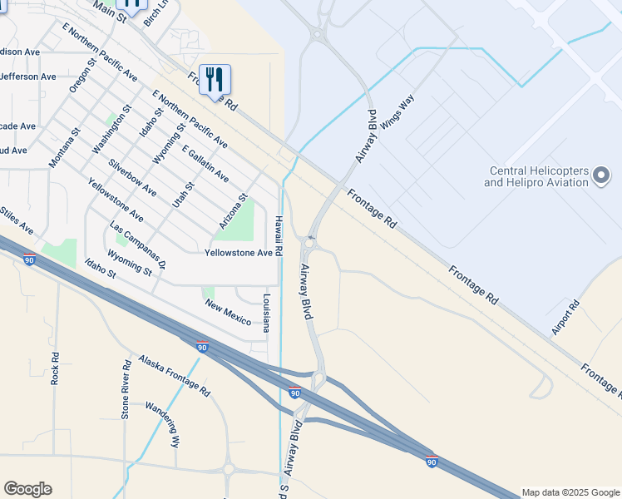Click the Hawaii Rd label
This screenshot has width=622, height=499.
pyautogui.click(x=280, y=238)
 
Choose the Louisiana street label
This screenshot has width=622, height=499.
pyautogui.click(x=267, y=313)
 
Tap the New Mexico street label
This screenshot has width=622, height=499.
pyautogui.click(x=229, y=313)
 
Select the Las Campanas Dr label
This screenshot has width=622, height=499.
pyautogui.click(x=138, y=247)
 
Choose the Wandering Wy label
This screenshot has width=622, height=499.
pyautogui.click(x=162, y=424)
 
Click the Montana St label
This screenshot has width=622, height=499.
pyautogui.click(x=64, y=147)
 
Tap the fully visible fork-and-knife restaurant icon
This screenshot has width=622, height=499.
pyautogui.click(x=215, y=80)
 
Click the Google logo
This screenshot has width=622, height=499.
pyautogui.click(x=27, y=489)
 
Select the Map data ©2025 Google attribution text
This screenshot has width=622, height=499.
pyautogui.click(x=570, y=492)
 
